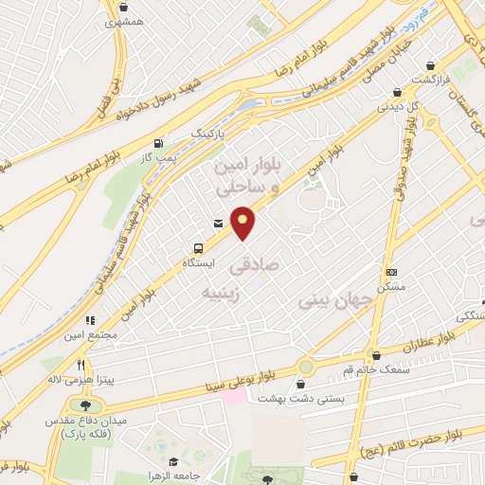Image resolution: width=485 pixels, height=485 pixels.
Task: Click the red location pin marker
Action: click(243, 222)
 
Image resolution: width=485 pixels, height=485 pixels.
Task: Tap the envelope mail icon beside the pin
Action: click(219, 224)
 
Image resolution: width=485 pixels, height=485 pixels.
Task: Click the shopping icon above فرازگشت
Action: click(433, 66)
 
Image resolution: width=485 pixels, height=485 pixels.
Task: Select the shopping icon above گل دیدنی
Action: click(396, 93)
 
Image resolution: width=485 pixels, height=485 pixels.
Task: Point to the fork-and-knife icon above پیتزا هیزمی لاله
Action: click(81, 365)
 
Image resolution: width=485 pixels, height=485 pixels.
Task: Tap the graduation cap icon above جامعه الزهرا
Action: click(155, 459)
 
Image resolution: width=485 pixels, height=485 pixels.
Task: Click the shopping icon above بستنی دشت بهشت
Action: click(301, 384)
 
